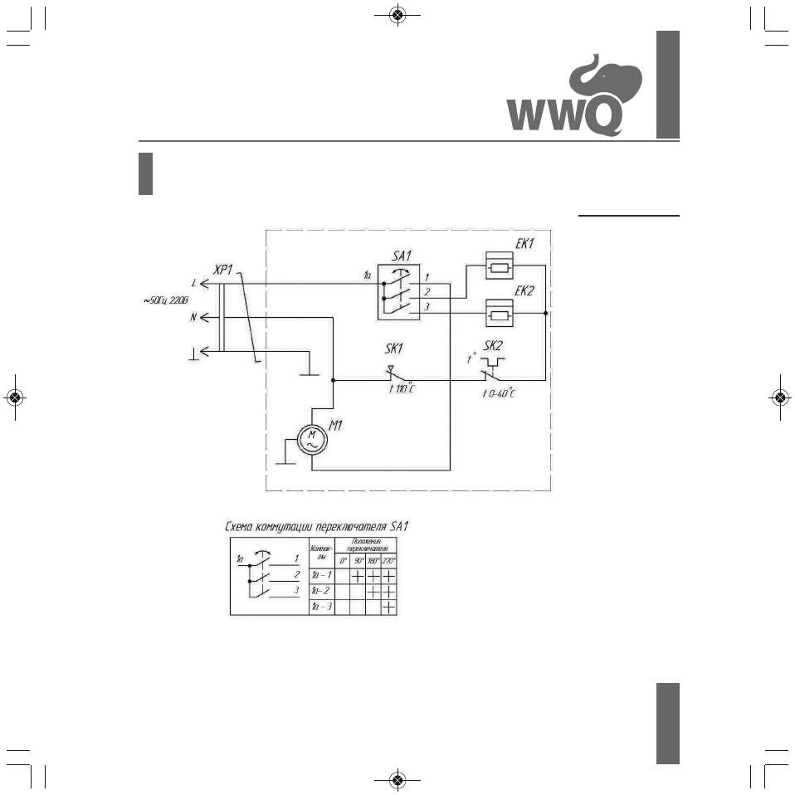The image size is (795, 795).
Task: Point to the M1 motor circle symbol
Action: tap(312, 440)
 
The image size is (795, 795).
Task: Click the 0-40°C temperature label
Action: tap(500, 393)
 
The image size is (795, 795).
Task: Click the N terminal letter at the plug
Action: tap(193, 316)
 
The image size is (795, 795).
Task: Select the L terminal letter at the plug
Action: tap(194, 284)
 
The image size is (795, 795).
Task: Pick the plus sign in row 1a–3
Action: tap(388, 607)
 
